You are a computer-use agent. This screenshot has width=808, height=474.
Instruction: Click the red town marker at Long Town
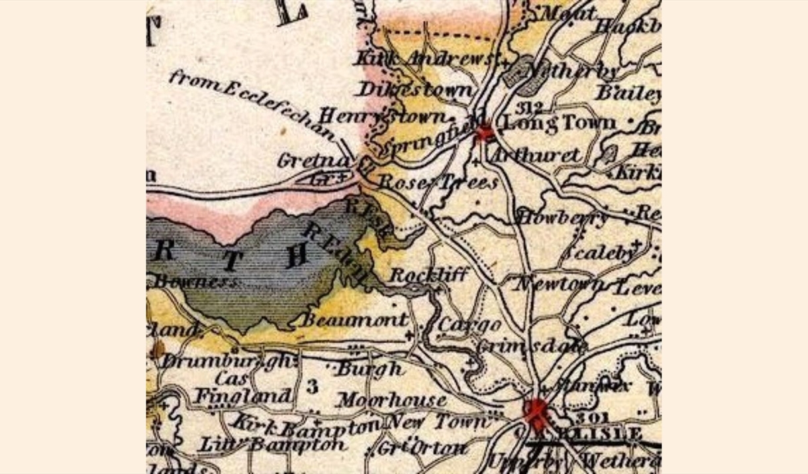tap(484, 131)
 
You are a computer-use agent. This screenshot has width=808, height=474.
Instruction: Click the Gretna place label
tap(303, 160)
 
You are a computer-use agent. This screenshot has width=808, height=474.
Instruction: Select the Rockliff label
tap(429, 274)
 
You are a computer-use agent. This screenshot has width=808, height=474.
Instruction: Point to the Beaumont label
tap(355, 320)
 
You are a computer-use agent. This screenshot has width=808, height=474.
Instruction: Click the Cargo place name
tap(470, 325)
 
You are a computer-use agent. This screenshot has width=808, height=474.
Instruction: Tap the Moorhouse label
tap(391, 400)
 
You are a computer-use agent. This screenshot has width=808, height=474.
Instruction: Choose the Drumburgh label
tap(227, 361)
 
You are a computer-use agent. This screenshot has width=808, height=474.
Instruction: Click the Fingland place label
tap(243, 396)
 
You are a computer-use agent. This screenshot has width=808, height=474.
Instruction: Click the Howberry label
tap(562, 217)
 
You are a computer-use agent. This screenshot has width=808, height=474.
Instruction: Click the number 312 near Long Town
tap(530, 107)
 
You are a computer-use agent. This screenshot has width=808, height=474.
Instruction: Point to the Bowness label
tap(195, 282)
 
